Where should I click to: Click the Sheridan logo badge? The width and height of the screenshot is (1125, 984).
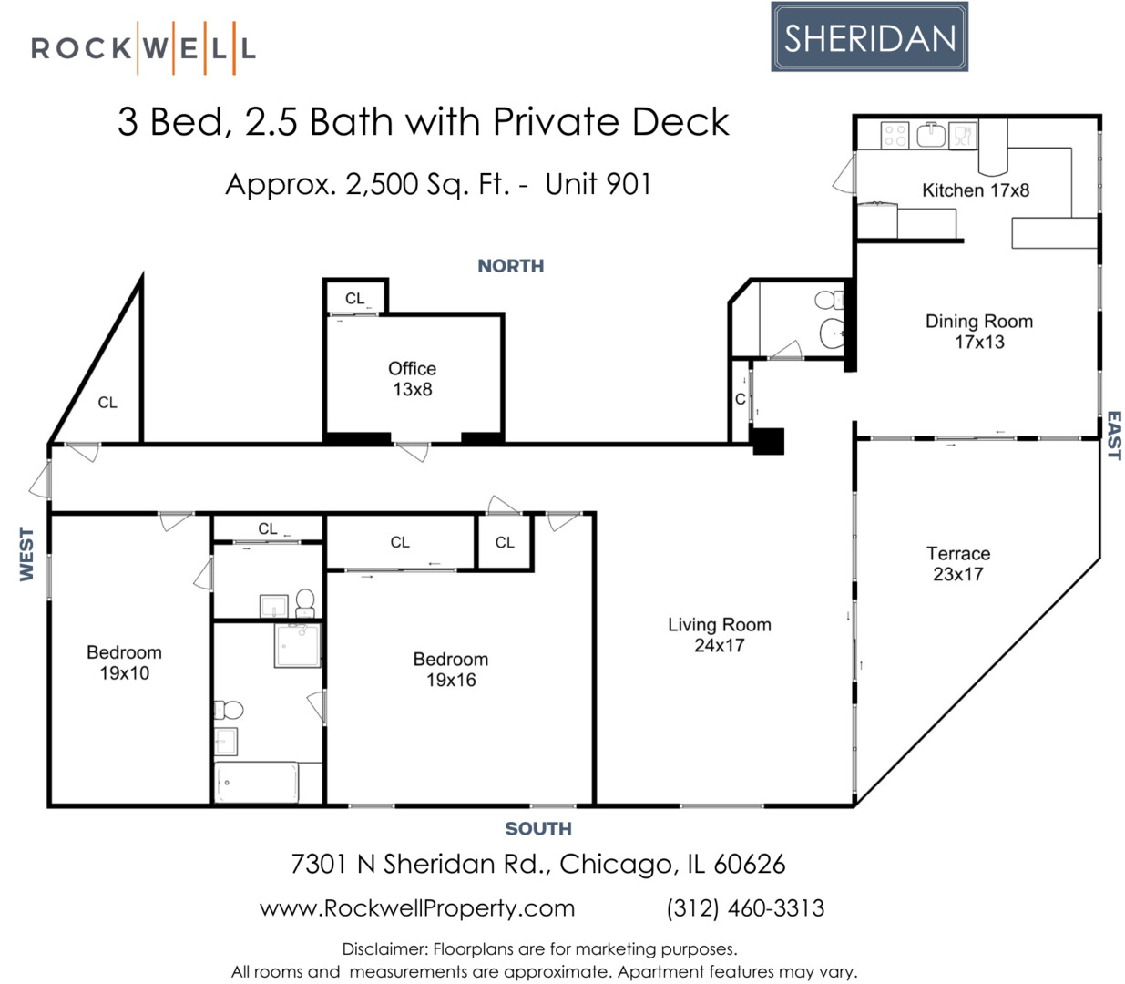pos(869,37)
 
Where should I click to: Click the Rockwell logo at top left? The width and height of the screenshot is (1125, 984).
pos(143,47)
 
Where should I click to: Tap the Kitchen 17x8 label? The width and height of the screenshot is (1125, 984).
pos(975,190)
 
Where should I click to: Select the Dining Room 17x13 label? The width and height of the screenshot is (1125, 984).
pos(979,332)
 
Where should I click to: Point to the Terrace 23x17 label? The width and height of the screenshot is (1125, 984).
pos(958,563)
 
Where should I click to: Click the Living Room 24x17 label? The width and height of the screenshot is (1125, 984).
pos(719,634)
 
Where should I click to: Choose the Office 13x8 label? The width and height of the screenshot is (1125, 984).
pos(412,378)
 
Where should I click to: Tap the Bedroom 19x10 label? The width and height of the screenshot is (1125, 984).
pos(124,662)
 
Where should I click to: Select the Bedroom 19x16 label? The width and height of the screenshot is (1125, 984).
pos(450,669)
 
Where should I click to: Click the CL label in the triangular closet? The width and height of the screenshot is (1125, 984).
pos(107,403)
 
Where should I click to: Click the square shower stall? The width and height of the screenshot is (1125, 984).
pos(298,644)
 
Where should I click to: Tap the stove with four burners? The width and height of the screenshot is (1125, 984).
pos(895,136)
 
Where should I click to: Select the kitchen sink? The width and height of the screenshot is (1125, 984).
pos(931,136)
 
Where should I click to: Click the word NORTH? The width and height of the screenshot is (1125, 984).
pos(510,266)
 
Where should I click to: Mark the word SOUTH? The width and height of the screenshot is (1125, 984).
pos(537,829)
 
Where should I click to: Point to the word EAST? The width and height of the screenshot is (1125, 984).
pos(1113,436)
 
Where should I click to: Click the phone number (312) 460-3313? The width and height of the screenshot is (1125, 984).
pos(745,908)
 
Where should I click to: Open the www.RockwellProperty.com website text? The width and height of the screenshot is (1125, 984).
pos(417,908)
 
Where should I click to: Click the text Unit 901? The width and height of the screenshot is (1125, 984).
pos(598,184)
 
